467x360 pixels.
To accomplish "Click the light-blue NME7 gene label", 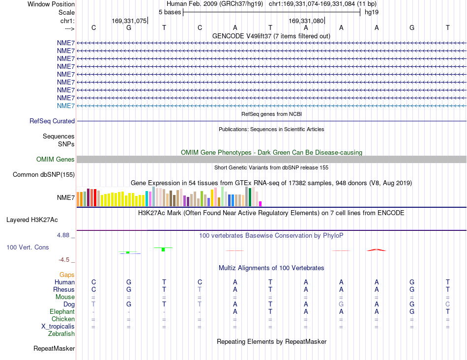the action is point(66,106).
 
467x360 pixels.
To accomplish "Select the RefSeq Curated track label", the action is point(52,121).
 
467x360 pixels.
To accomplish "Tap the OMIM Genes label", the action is point(55,159).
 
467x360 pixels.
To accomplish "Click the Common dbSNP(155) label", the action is point(44,175).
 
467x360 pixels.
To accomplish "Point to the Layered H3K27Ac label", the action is point(32,220).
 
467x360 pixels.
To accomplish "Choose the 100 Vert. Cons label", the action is point(28,247).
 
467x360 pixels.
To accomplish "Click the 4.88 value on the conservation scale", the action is point(63,235).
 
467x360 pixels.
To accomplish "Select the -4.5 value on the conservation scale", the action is point(64,260).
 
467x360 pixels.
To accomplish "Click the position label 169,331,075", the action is point(129,21).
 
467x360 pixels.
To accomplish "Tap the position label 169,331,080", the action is point(306,21).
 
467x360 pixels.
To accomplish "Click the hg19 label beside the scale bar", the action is point(372,12).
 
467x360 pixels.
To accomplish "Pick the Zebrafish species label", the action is point(61,334).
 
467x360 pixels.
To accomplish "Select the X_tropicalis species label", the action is point(58,327).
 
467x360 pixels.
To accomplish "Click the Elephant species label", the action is point(62,311).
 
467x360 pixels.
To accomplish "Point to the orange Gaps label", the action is point(67,275).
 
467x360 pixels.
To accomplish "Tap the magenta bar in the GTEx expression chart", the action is point(261,204).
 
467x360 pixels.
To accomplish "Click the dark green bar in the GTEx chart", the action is point(250,197).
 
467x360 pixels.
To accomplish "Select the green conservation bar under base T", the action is point(163,249).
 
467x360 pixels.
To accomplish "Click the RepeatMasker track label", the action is point(54,348).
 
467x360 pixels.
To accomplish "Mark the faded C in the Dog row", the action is point(447,304).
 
